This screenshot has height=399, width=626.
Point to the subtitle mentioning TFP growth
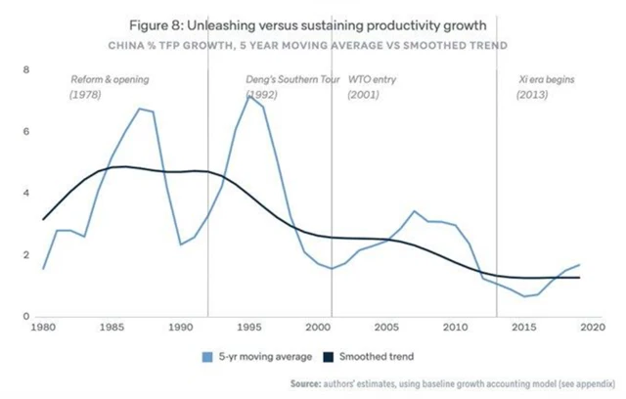pyautogui.click(x=312, y=44)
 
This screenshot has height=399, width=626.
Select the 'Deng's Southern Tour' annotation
pyautogui.click(x=291, y=86)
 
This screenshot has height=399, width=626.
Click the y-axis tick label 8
pyautogui.click(x=27, y=69)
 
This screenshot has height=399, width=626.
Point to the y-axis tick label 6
pyautogui.click(x=27, y=131)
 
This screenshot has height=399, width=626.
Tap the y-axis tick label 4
pyautogui.click(x=27, y=194)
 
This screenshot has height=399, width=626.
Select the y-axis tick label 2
pyautogui.click(x=27, y=255)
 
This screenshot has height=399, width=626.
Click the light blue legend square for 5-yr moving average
pyautogui.click(x=208, y=357)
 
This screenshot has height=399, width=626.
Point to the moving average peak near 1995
pyautogui.click(x=250, y=96)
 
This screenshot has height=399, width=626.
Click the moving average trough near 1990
pyautogui.click(x=181, y=244)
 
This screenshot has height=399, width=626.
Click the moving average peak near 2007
pyautogui.click(x=415, y=210)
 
